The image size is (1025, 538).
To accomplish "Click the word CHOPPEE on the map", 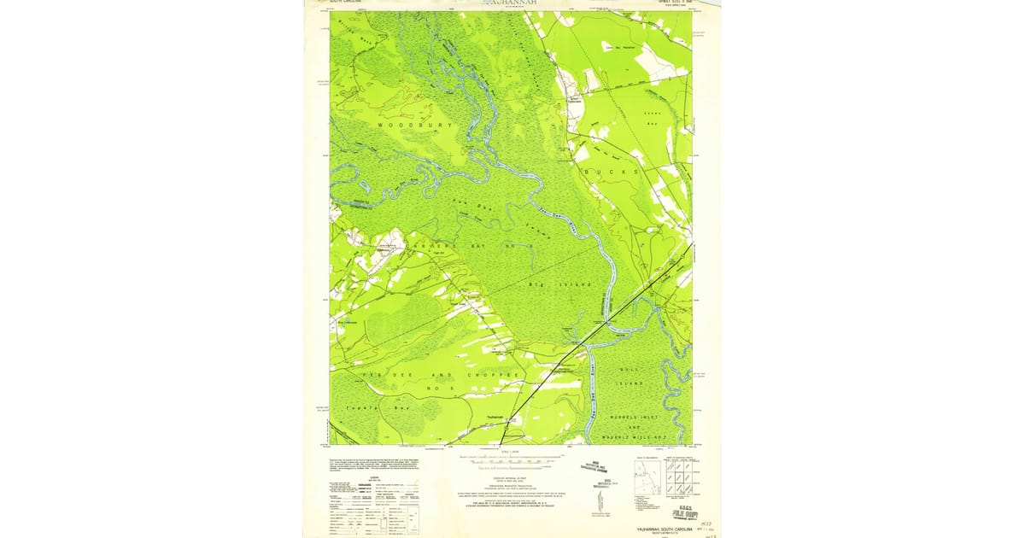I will [493, 375].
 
